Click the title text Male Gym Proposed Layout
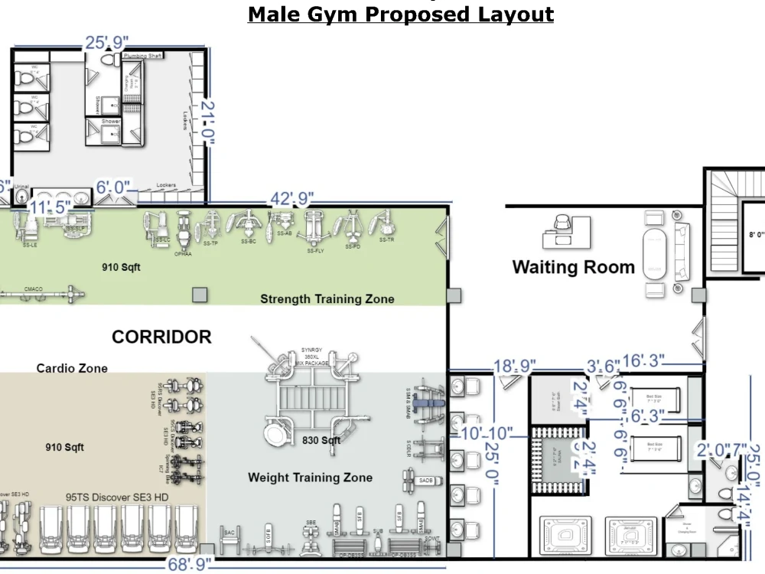401,14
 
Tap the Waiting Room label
573,267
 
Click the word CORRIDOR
161,337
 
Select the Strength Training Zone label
327,298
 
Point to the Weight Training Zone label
310,478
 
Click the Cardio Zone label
72,368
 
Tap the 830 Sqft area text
321,441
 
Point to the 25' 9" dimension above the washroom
106,43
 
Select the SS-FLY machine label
313,251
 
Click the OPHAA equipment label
182,253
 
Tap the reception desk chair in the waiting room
562,223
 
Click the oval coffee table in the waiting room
656,253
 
